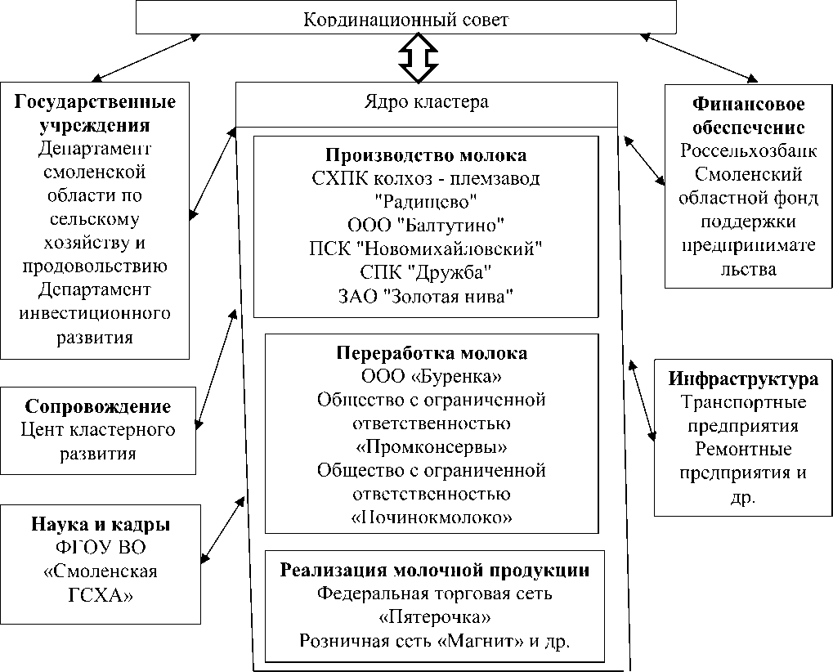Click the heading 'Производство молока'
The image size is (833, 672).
click(426, 155)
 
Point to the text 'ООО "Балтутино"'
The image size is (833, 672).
click(426, 223)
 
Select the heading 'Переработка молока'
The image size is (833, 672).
click(432, 353)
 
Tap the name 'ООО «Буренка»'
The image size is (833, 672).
click(431, 377)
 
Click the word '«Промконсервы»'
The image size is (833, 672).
click(431, 447)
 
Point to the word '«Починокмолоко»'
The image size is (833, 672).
click(431, 517)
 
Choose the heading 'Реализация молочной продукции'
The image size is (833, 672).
click(435, 570)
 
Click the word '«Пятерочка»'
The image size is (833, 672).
click(435, 617)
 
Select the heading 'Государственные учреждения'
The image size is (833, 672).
click(96, 114)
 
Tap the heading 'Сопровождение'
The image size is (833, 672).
click(98, 407)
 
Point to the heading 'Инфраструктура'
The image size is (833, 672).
click(742, 379)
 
